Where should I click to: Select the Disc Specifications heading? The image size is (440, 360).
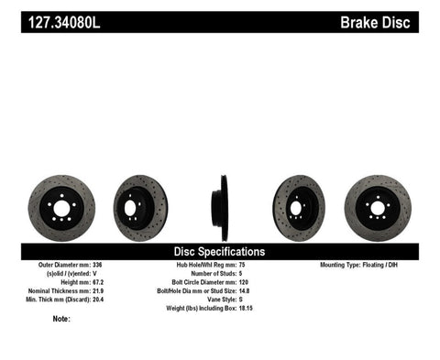[x=219, y=251]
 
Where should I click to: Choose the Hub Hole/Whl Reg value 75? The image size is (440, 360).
[x=242, y=266]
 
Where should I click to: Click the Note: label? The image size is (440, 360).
[x=61, y=320]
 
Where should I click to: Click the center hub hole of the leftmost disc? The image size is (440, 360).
[x=61, y=208]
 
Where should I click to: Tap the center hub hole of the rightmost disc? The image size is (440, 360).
[x=377, y=208]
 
